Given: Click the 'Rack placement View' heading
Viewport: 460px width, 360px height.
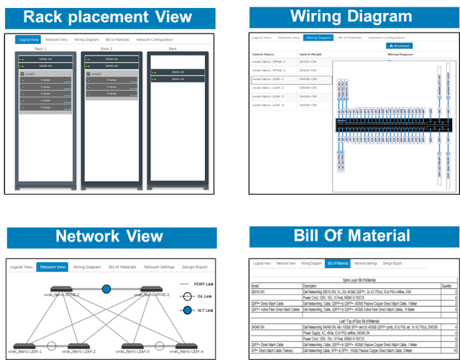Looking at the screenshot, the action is click(x=107, y=17).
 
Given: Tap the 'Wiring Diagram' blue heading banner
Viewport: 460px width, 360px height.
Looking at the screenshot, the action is click(x=351, y=17).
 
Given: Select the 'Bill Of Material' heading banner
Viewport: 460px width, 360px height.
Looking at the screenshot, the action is click(x=351, y=236).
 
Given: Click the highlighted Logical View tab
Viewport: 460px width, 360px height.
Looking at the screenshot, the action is click(x=28, y=40).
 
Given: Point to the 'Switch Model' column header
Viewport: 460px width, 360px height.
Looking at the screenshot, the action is click(x=313, y=54).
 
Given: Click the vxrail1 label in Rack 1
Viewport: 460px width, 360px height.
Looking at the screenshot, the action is click(x=30, y=73).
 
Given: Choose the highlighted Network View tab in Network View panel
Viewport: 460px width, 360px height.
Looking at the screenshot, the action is click(x=52, y=267).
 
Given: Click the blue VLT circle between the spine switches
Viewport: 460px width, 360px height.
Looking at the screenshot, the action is click(x=106, y=289).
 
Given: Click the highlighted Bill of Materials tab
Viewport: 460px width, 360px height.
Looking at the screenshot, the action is click(x=336, y=264).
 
